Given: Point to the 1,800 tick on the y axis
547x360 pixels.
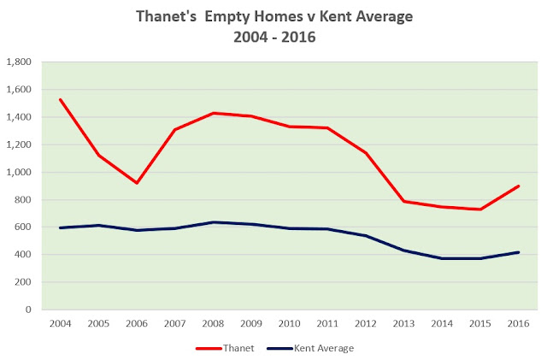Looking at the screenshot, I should click(19, 62).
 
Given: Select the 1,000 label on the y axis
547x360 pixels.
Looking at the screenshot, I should click(19, 172).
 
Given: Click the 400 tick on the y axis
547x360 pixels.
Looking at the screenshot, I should click(23, 255).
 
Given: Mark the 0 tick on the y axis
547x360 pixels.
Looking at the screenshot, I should click(29, 310).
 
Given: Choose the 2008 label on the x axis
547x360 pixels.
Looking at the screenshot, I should click(213, 323).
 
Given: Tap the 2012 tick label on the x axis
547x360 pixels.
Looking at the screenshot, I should click(368, 323).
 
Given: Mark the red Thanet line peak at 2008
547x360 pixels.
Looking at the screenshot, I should click(214, 113).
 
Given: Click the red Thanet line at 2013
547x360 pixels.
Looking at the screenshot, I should click(404, 201).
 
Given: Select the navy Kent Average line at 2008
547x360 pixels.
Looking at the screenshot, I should click(214, 222).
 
